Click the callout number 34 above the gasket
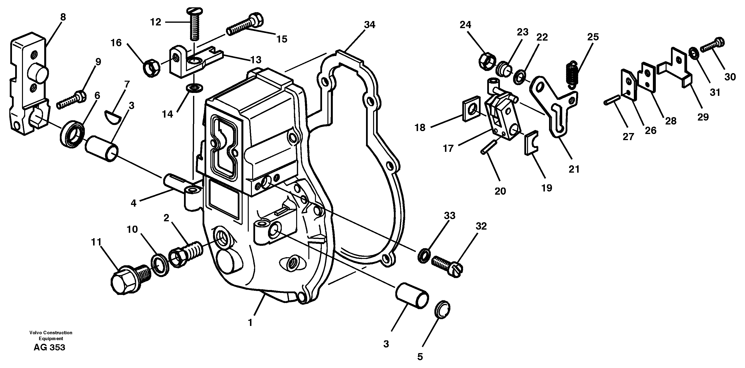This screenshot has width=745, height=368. coord(369,25)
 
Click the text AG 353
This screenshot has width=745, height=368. coord(49,347)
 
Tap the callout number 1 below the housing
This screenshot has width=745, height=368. coord(250,322)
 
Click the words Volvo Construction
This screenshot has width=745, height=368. coord(51,333)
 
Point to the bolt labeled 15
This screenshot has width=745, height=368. coord(244,25)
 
